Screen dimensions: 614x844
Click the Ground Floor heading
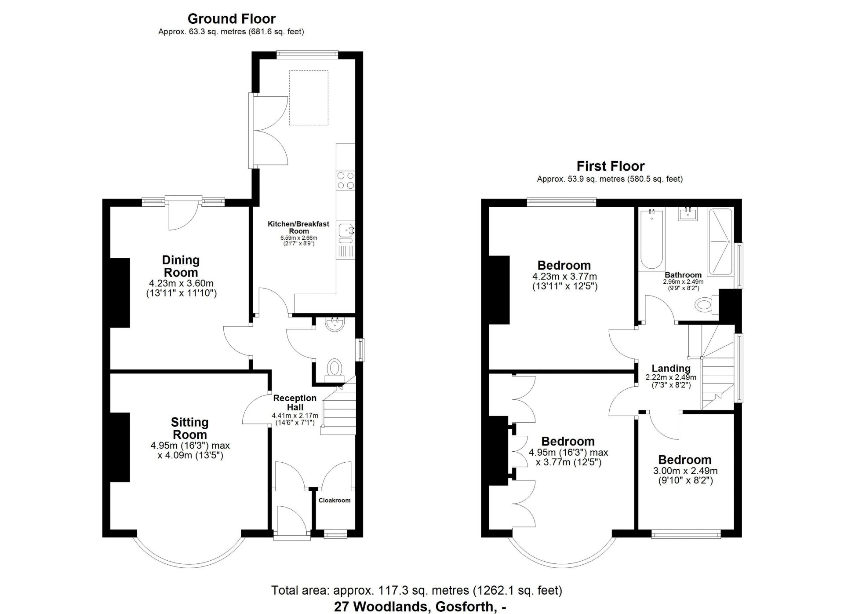click(x=231, y=19)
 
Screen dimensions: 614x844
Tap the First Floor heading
click(x=610, y=166)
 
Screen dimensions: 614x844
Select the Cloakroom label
click(x=334, y=500)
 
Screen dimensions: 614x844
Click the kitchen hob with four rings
click(x=346, y=181)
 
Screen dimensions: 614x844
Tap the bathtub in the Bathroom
click(x=651, y=240)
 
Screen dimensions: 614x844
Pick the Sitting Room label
click(x=189, y=428)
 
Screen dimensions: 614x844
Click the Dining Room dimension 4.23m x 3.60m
click(x=181, y=284)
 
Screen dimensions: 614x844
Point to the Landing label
click(x=671, y=369)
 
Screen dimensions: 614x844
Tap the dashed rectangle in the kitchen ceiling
click(x=309, y=98)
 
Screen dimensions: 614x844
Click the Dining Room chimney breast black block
click(x=120, y=292)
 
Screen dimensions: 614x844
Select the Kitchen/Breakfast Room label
click(x=298, y=227)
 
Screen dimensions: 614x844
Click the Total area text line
click(x=416, y=590)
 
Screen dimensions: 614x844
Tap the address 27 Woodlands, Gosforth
click(x=420, y=607)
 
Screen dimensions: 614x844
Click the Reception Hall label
click(x=295, y=402)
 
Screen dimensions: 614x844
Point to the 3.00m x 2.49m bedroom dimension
click(x=685, y=471)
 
